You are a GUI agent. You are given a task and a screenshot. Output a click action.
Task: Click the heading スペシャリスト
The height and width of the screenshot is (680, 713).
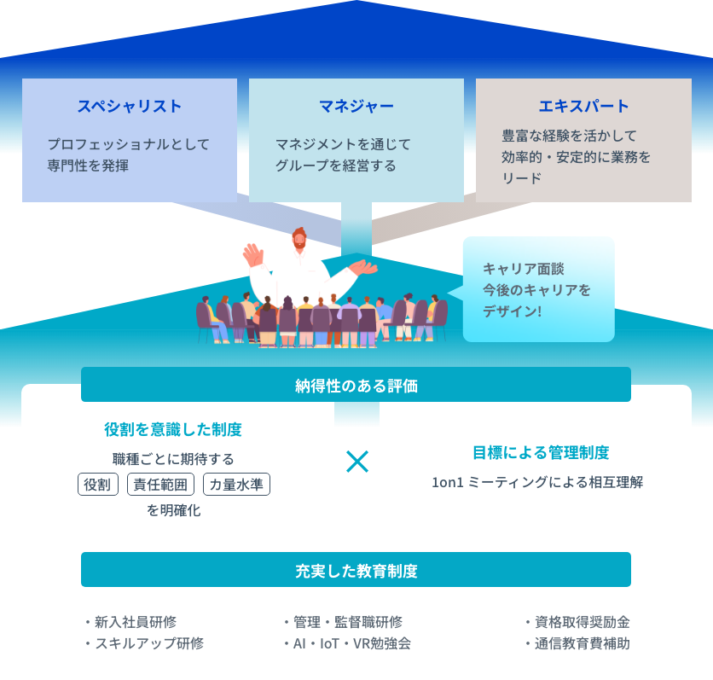point(130,107)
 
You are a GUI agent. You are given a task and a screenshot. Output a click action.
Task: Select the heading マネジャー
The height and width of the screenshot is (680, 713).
point(356,107)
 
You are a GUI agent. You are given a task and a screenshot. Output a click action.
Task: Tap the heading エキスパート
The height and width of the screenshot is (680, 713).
point(583,107)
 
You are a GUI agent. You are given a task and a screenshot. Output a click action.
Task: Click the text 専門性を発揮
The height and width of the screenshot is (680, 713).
point(88,166)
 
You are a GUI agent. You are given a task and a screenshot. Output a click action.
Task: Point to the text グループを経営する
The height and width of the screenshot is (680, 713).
point(335,166)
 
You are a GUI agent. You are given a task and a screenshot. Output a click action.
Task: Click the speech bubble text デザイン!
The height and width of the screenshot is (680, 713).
point(512,311)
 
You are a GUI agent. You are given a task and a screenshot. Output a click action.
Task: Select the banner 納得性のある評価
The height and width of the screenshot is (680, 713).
point(356,386)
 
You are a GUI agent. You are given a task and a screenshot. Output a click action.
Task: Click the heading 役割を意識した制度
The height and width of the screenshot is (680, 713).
point(178,429)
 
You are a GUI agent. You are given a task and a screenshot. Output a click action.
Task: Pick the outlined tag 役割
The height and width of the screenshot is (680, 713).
point(98,485)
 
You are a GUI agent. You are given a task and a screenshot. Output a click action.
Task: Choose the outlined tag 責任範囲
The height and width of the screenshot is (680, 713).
point(160,485)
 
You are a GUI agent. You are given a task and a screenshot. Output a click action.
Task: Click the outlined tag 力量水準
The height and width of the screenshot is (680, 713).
point(236,485)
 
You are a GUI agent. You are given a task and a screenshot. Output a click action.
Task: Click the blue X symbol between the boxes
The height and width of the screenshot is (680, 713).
point(357,462)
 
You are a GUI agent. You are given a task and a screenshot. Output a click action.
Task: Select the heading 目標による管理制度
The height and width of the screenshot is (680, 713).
point(541,452)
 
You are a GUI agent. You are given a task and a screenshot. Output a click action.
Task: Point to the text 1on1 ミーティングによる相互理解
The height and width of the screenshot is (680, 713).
point(537,482)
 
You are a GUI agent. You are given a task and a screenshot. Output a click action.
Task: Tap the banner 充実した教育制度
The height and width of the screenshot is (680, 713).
point(356,570)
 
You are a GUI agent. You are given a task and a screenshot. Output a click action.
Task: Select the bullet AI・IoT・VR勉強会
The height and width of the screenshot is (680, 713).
point(351,643)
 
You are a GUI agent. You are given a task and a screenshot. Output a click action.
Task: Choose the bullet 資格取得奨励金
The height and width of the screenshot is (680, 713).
point(582,622)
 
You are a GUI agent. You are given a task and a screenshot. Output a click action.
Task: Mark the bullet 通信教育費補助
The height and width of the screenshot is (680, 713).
point(582,643)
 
